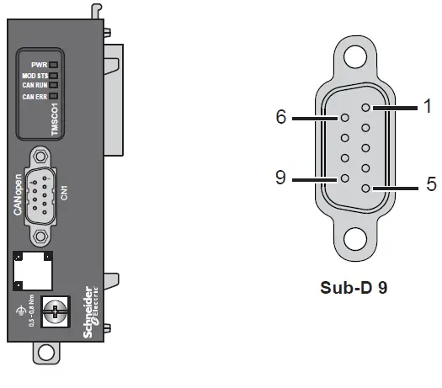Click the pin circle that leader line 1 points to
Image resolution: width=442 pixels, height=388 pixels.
point(365,108)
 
